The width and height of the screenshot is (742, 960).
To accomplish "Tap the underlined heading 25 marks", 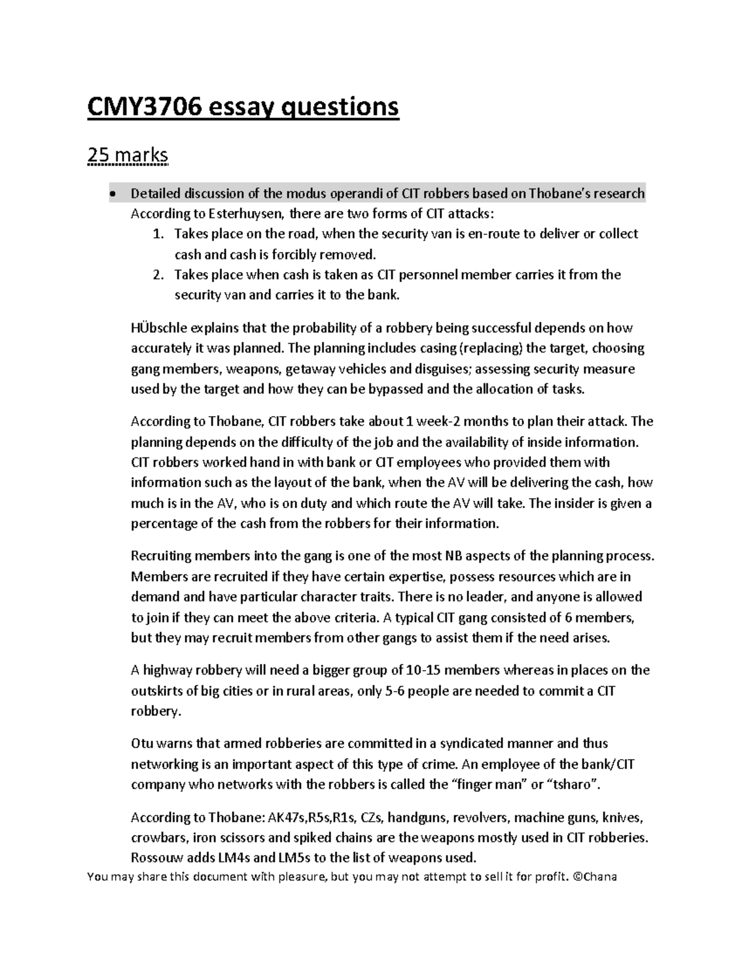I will tap(127, 156).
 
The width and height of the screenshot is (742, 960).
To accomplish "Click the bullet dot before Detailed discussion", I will tap(111, 194).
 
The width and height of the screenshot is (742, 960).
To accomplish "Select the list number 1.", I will tap(158, 234).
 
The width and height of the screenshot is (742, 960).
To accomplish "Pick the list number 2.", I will tap(158, 274).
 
